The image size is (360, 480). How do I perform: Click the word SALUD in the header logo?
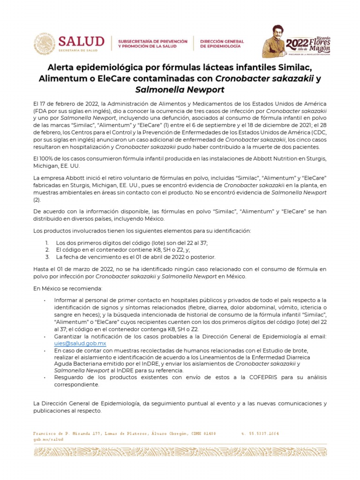click(x=81, y=41)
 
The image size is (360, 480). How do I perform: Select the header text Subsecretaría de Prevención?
click(x=152, y=41)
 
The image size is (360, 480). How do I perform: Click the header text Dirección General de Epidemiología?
click(x=221, y=44)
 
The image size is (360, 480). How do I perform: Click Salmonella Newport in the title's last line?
click(x=180, y=89)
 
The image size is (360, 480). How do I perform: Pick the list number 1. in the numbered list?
click(x=47, y=242)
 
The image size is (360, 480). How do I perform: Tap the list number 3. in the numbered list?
click(x=47, y=257)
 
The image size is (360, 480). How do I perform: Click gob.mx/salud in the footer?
click(x=47, y=440)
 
